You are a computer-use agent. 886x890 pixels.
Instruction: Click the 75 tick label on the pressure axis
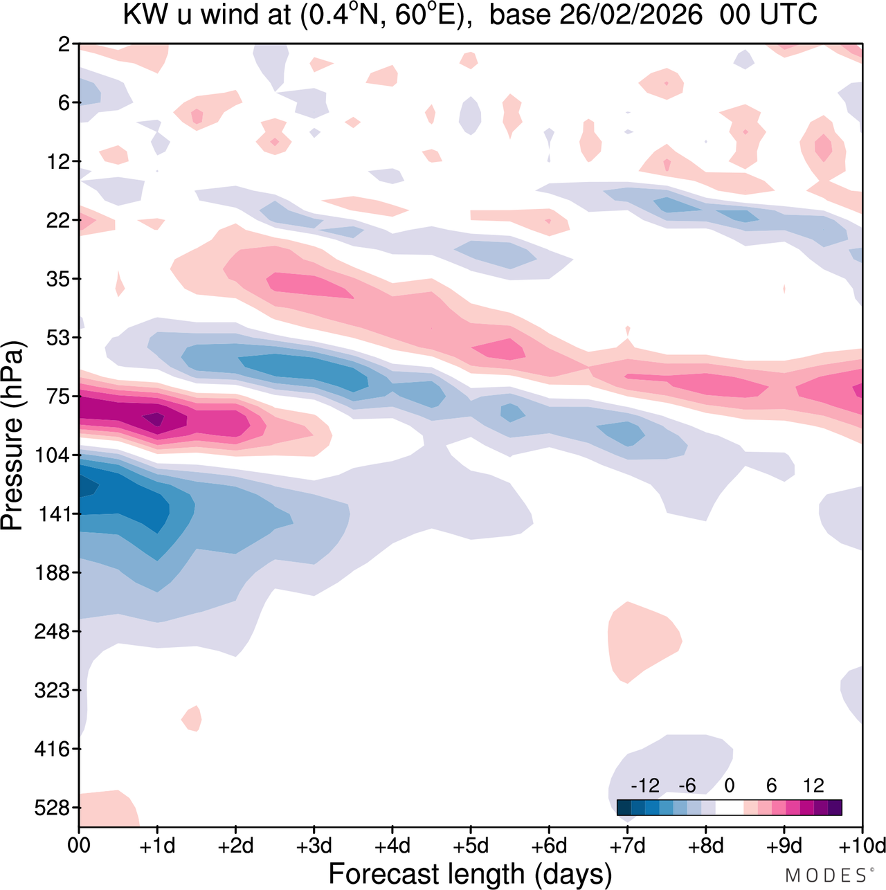click(x=58, y=397)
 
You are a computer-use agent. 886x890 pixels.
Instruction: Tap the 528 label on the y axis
click(x=53, y=808)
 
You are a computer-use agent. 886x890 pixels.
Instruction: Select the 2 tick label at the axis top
click(x=64, y=45)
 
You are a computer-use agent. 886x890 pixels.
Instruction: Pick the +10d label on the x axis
click(x=862, y=846)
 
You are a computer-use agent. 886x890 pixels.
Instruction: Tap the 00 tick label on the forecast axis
click(x=79, y=846)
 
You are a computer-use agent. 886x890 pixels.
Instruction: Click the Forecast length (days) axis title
click(x=470, y=874)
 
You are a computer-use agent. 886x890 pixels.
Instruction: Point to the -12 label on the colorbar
click(x=645, y=785)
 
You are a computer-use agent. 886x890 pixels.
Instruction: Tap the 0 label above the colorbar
click(x=730, y=785)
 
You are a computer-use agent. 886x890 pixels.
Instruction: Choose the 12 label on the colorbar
click(x=813, y=785)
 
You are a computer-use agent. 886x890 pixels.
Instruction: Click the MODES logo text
click(x=827, y=875)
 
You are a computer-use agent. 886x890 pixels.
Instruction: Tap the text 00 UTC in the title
click(x=768, y=15)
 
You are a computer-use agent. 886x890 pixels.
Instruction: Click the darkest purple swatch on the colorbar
click(x=835, y=808)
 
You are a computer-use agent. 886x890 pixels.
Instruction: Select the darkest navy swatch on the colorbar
click(x=624, y=808)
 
